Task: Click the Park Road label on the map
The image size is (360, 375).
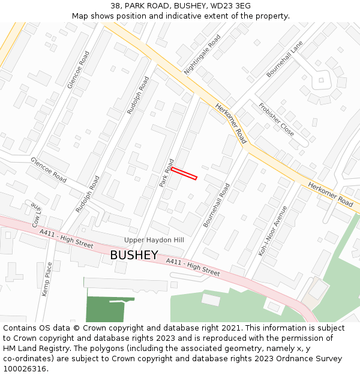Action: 166,173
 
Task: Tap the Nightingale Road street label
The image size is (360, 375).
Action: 202,54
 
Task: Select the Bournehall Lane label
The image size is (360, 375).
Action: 285,59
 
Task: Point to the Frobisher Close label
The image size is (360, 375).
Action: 276,119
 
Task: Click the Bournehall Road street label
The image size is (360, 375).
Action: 216,205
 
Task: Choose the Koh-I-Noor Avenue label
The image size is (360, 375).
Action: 273,231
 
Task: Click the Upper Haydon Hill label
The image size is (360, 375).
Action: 154,240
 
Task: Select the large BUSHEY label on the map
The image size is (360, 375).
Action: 134,256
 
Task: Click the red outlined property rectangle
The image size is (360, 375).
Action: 184,173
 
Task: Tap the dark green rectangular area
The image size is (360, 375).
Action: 105,309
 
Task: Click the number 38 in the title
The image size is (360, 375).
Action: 115,6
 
